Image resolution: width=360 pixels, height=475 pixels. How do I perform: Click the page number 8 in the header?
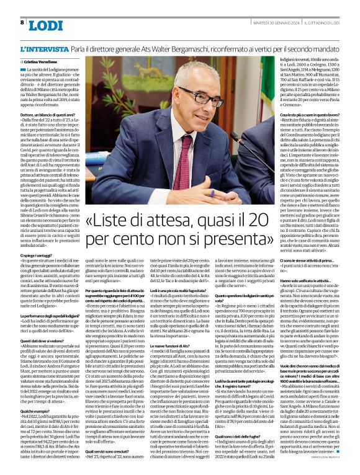[22, 22]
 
